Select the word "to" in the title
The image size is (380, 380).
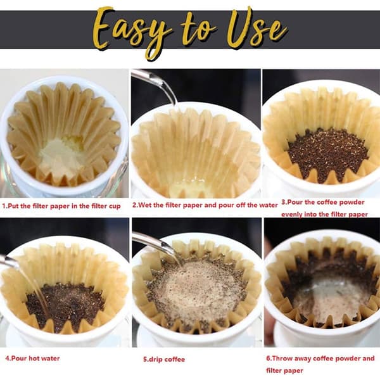point(198,30)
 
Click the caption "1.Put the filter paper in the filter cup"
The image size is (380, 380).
point(61,206)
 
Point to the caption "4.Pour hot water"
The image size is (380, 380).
point(32,358)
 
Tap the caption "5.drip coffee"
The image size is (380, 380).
point(164,359)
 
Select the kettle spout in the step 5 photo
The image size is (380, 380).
point(155,244)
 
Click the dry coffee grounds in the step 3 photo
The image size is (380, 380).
point(327,155)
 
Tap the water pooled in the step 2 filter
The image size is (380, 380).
point(191,187)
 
